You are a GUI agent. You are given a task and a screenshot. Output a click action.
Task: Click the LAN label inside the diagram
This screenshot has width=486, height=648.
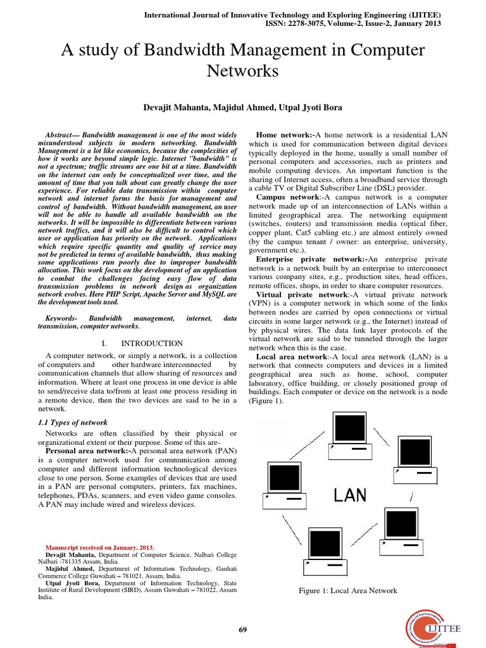[350, 495]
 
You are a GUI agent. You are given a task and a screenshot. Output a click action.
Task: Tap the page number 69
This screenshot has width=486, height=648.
[243, 629]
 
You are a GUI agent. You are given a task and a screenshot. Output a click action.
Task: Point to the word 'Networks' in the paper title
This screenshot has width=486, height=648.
[243, 71]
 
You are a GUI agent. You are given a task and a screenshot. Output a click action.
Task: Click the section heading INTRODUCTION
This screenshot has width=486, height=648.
[152, 344]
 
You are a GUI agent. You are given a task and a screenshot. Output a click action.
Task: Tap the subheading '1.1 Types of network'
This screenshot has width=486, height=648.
[73, 422]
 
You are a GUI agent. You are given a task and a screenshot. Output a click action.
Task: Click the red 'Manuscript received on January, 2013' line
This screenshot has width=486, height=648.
[100, 547]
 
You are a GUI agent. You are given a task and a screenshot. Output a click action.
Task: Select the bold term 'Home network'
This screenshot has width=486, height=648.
[284, 135]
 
